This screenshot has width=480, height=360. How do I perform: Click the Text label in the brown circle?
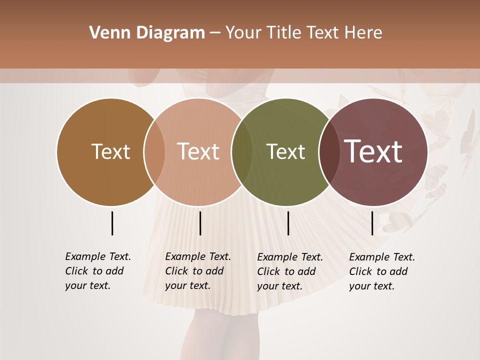110,151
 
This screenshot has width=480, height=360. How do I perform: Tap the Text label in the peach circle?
198,151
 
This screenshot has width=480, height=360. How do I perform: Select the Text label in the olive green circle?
285,151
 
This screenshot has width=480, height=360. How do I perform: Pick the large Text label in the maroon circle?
373,151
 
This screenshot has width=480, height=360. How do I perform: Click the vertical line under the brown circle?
112,223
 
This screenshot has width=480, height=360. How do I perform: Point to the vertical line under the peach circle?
200,223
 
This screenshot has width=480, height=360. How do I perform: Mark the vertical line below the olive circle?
288,223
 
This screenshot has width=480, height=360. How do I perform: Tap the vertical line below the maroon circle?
372,223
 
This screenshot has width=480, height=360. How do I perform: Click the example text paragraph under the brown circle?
98,271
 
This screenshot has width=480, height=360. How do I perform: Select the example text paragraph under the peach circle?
198,271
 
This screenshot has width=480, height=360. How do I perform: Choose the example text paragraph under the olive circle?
290,271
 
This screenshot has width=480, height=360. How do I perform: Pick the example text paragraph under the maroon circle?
382,271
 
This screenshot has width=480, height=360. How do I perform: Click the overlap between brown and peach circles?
154,152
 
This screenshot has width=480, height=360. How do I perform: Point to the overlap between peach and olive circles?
242,152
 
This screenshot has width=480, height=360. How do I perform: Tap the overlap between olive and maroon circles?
328,152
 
